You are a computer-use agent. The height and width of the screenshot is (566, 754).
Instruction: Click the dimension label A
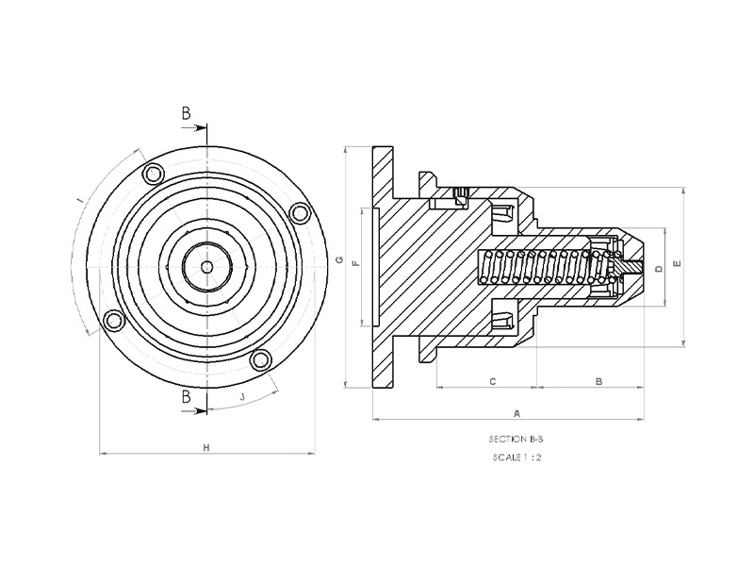[516, 413]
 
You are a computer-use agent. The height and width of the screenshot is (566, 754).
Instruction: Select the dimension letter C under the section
[492, 382]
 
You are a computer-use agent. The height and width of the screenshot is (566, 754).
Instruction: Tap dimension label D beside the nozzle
[659, 268]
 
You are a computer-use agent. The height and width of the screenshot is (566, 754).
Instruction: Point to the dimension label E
[678, 263]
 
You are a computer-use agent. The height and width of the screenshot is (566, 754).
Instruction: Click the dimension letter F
[356, 263]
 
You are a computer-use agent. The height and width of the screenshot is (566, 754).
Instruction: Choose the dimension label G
[339, 260]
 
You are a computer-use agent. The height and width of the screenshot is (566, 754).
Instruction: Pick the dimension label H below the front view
[206, 448]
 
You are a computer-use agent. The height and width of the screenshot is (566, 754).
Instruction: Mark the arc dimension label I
[81, 199]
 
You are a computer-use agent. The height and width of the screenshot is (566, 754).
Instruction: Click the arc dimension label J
[242, 397]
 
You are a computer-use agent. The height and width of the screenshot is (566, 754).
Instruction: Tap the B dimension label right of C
[598, 382]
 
